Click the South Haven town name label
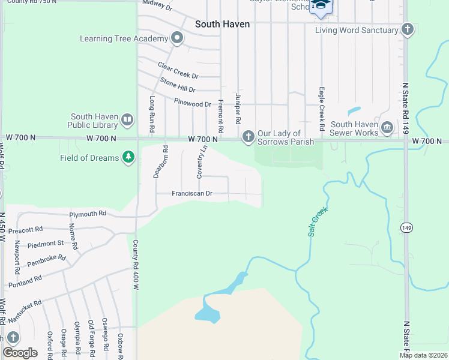coord(222,25)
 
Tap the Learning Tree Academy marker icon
coord(176,39)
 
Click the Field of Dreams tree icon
coord(127,158)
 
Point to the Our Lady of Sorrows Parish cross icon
coord(247,137)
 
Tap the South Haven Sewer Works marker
coord(387,128)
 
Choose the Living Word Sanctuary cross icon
coord(408,29)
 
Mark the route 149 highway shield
coord(406,227)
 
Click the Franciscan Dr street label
coord(192,194)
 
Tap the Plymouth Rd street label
coord(88,214)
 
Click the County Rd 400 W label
coord(136,266)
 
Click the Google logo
coord(20,352)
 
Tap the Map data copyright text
coord(423,355)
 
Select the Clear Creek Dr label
coord(178,70)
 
